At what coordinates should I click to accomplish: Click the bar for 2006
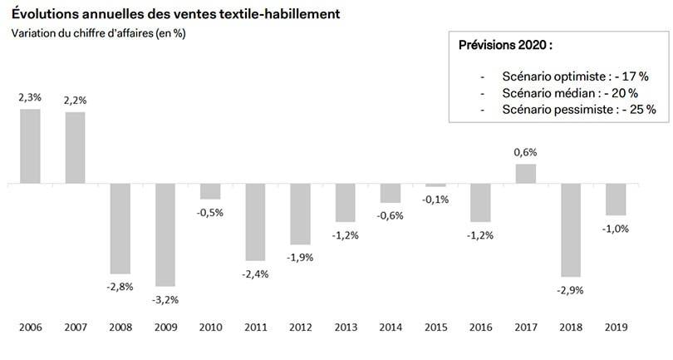pos(30,146)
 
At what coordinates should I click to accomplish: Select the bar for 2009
pos(165,234)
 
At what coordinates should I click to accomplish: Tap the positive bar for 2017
pos(526,174)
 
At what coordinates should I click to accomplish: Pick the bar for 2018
pos(571,230)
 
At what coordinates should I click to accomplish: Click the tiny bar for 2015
pos(435,185)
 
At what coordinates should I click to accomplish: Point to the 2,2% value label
pos(75,100)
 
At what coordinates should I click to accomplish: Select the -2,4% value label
pos(255,274)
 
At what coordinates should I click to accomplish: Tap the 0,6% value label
pos(526,152)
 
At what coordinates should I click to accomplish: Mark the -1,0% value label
pos(616,229)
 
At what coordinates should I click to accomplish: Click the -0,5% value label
pos(210,212)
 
